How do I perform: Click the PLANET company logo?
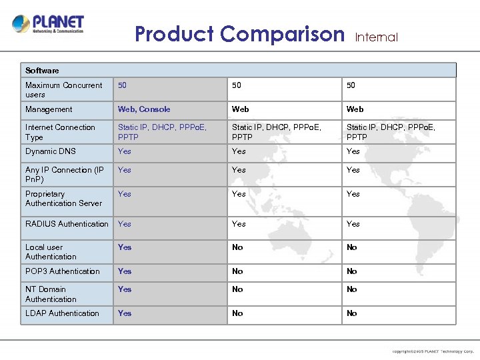[x=48, y=25]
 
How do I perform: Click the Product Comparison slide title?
[x=239, y=33]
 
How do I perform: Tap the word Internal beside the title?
[x=376, y=37]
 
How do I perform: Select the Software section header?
[x=42, y=70]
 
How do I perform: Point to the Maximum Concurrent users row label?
[x=63, y=90]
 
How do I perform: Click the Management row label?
[x=49, y=109]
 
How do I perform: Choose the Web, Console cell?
[x=144, y=109]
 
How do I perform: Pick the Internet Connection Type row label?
[x=60, y=132]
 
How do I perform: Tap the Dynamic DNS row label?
[x=51, y=151]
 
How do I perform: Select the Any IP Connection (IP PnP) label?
[x=64, y=175]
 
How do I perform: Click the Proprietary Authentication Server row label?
[x=63, y=199]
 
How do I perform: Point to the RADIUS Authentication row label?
[x=67, y=224]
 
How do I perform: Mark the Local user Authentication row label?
[x=51, y=252]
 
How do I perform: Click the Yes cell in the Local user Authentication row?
[x=125, y=247]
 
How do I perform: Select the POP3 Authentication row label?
[x=62, y=271]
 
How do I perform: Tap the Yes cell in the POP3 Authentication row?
[x=125, y=271]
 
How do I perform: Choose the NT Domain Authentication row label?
[x=51, y=294]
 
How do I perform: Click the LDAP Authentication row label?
[x=62, y=313]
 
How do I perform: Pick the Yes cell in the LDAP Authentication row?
[x=125, y=313]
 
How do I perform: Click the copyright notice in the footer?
[x=433, y=351]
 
